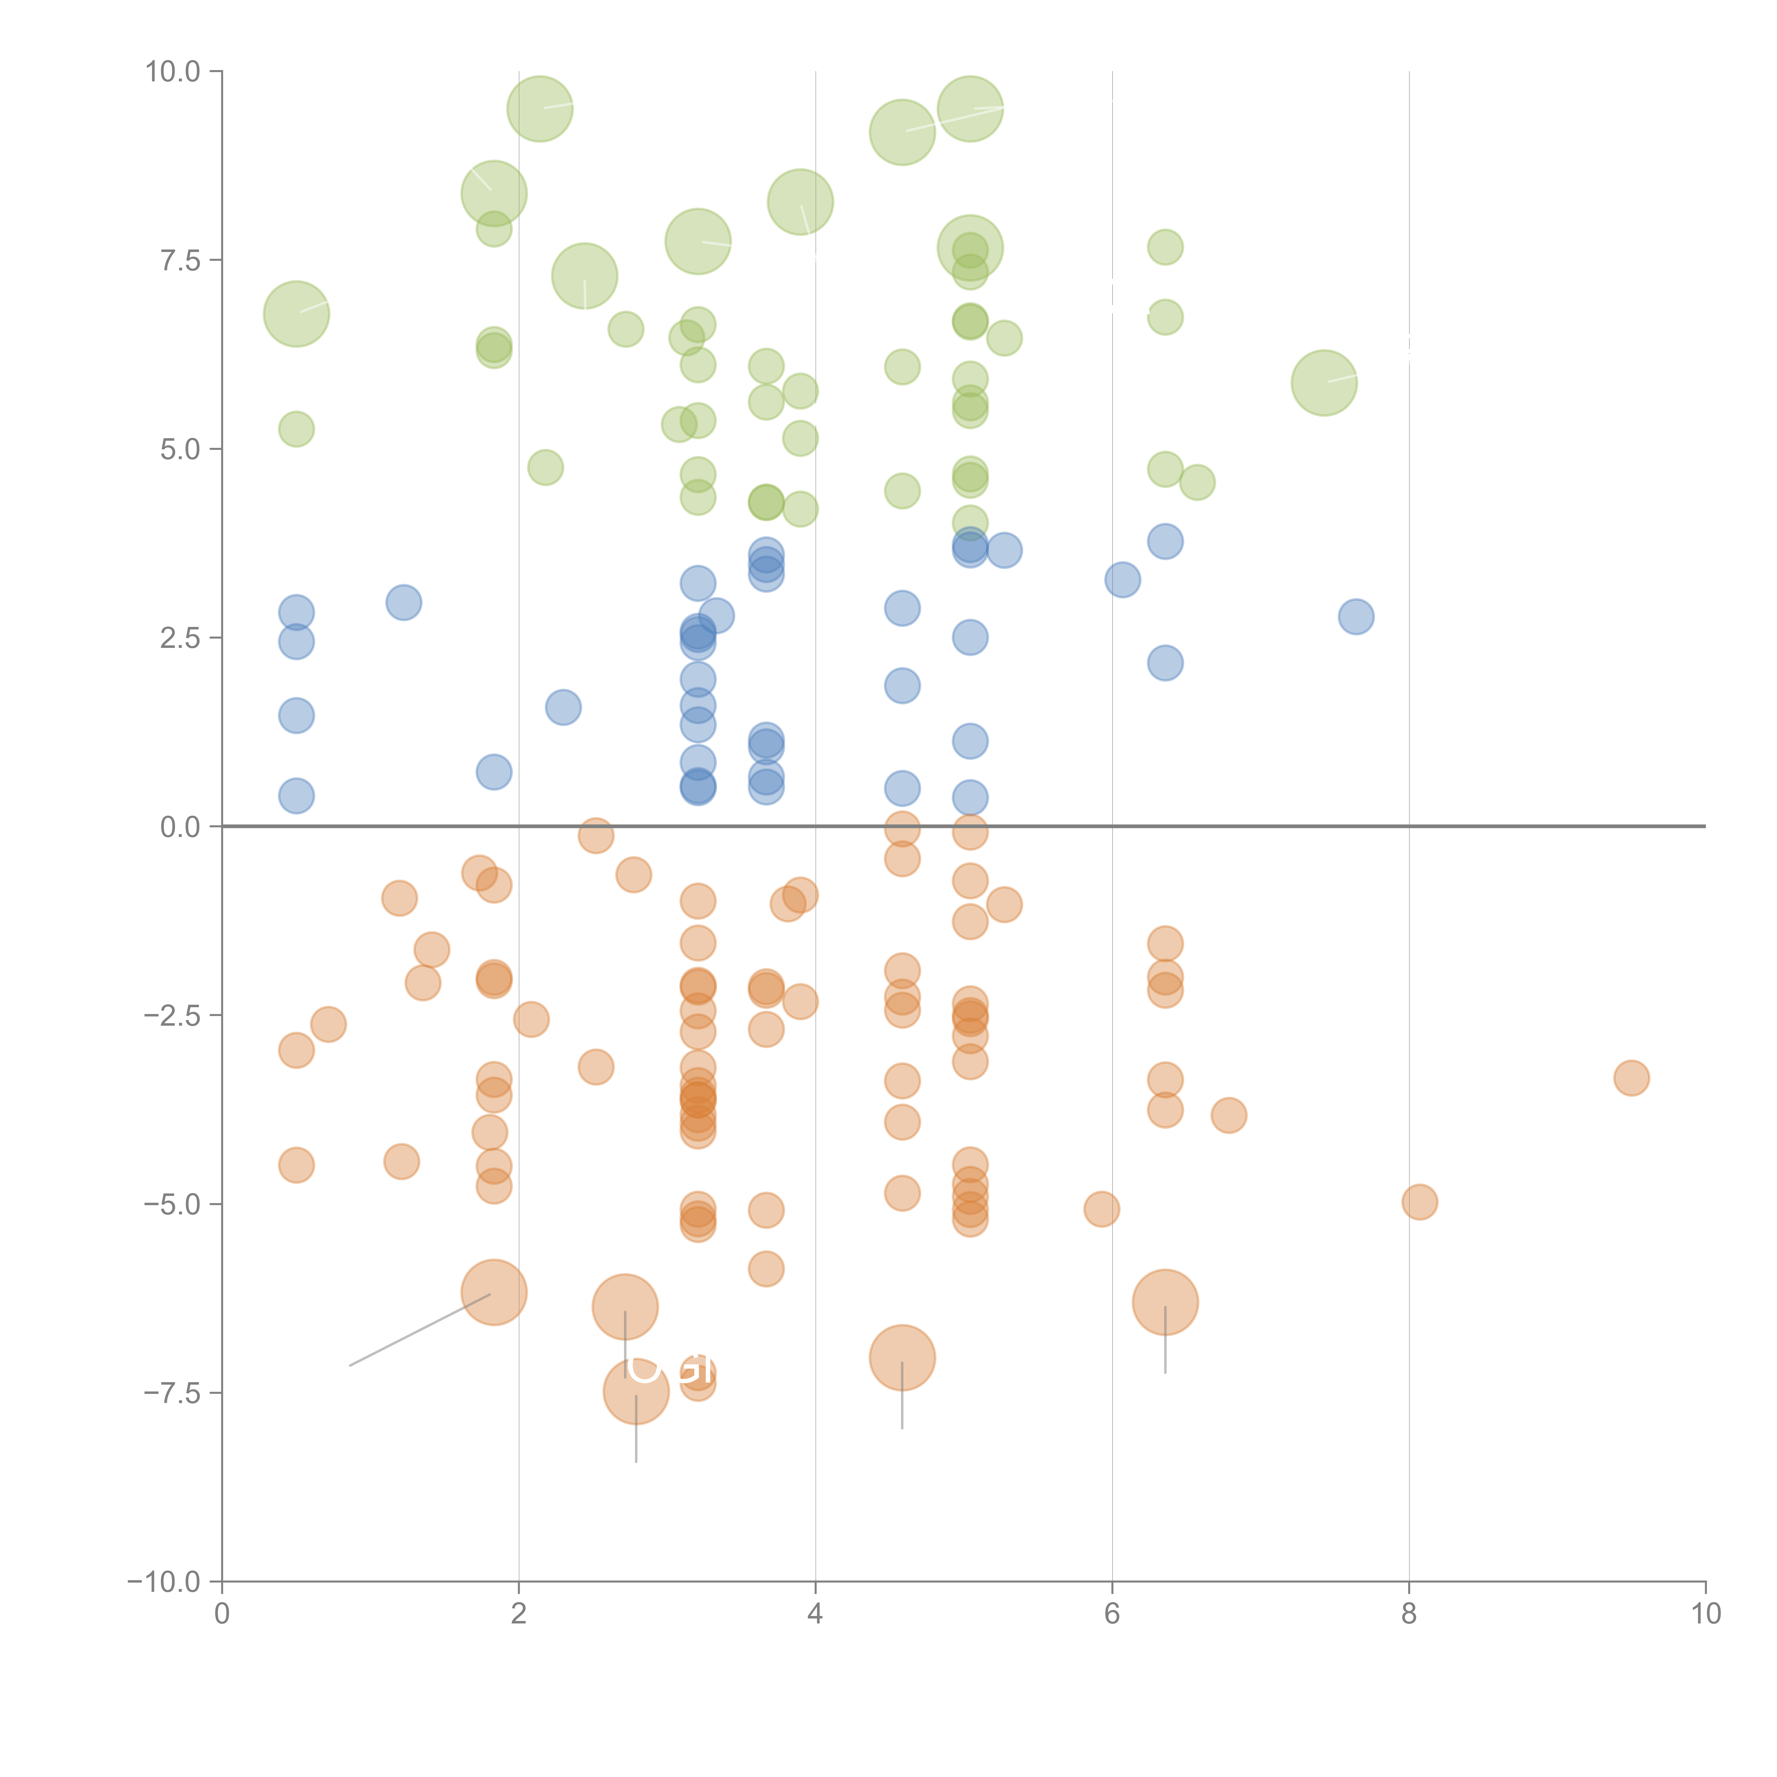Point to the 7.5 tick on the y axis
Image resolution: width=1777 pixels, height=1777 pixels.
pos(180,260)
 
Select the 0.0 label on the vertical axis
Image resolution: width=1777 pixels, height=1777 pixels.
pos(180,827)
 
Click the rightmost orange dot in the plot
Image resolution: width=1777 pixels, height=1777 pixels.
pos(1631,1078)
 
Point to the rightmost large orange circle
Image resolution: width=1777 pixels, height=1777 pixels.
pos(1165,1301)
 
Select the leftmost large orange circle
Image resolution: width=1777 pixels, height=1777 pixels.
pos(494,1292)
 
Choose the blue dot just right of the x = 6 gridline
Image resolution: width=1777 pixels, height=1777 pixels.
pos(1122,579)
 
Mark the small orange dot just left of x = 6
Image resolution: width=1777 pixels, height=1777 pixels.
pos(1101,1209)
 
